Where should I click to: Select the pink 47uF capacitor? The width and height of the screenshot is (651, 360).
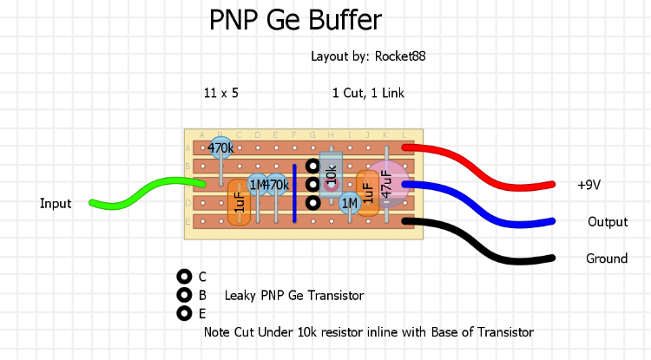[x=390, y=183]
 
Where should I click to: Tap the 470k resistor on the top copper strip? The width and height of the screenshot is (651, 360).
[x=220, y=148]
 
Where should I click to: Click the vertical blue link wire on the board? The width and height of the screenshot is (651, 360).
[x=294, y=193]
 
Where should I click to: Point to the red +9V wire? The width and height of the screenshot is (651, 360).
[x=486, y=169]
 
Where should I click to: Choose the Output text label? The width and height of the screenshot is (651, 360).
[x=608, y=222]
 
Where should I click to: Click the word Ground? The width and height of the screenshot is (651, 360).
[x=607, y=259]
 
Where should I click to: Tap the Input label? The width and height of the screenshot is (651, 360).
[x=56, y=204]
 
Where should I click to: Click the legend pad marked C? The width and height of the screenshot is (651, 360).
[x=183, y=277]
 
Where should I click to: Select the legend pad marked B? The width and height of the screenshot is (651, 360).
[x=183, y=295]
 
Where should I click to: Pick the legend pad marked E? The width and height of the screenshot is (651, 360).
[x=183, y=313]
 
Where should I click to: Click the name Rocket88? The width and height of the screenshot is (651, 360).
[x=399, y=56]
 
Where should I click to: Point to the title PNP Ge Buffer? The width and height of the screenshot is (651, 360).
[x=295, y=20]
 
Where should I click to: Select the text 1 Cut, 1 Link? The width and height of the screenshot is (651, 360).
[x=368, y=93]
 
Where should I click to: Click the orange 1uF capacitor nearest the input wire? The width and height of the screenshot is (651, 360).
[x=240, y=202]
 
